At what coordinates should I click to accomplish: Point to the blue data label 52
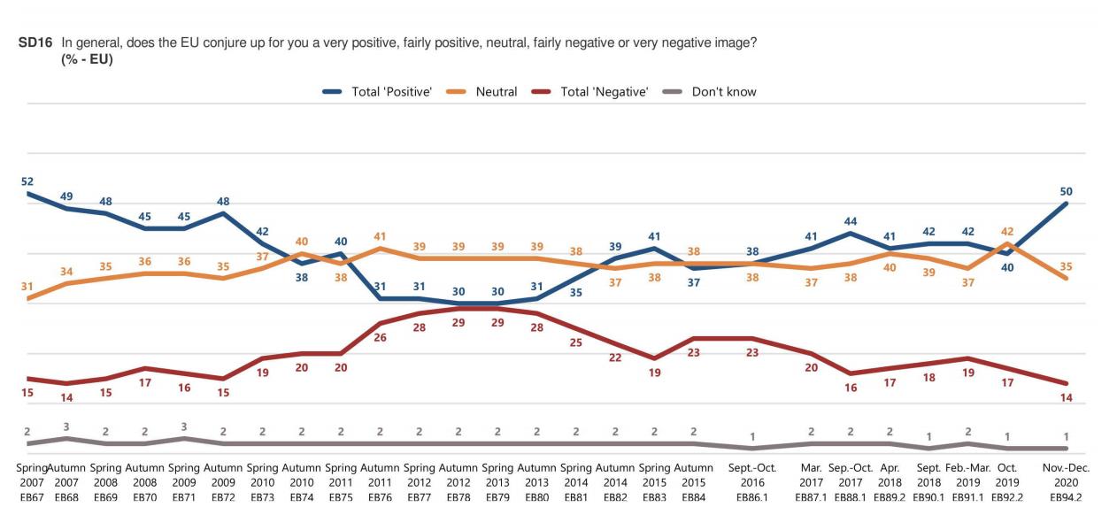pos(27,181)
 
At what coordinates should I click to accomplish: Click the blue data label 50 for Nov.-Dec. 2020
pos(1067,191)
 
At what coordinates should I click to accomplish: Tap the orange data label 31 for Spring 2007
pos(27,286)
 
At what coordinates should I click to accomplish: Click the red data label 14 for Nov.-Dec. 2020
pos(1067,397)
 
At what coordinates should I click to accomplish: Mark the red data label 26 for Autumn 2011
pos(380,337)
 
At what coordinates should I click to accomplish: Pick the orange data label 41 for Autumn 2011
pos(380,236)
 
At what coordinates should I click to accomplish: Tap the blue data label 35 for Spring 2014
pos(576,292)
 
